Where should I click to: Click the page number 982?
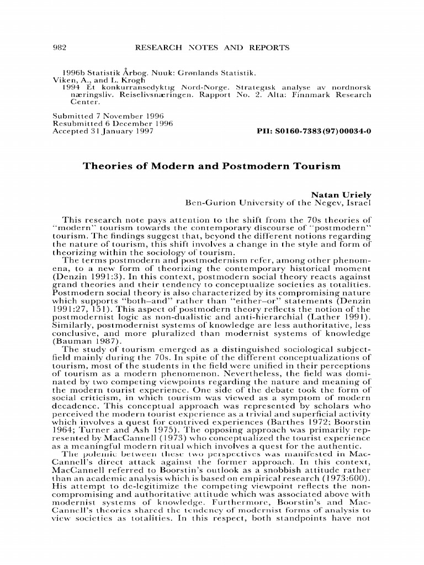(59, 48)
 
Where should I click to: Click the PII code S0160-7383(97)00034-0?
(314, 132)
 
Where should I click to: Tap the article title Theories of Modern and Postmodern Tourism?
(211, 166)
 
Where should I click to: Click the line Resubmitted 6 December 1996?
(105, 124)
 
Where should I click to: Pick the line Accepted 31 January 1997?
(102, 132)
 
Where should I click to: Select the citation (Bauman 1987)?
(86, 342)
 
